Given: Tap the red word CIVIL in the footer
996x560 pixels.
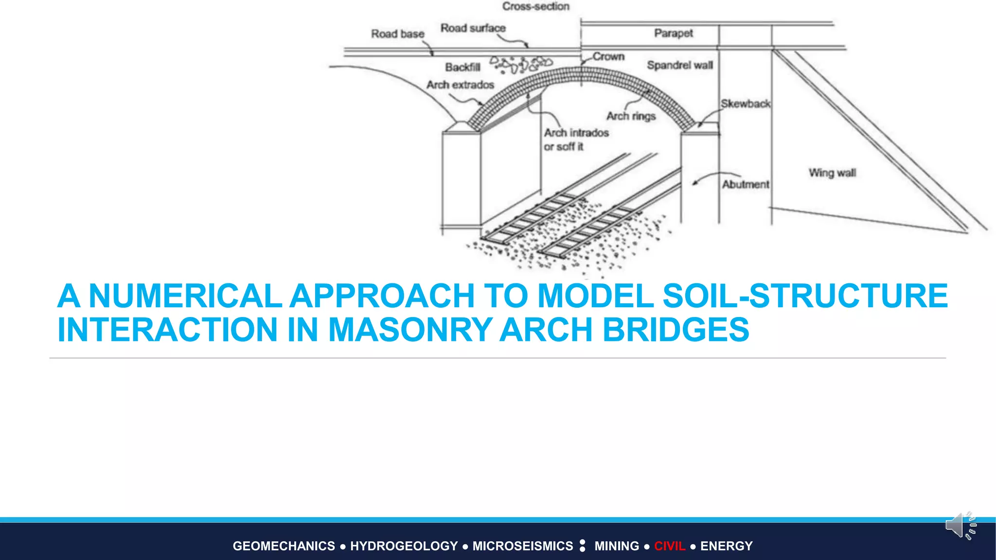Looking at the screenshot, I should (x=670, y=546).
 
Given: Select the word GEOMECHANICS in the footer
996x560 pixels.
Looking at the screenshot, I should (x=284, y=546).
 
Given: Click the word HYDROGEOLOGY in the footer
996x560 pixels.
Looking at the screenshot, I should (x=404, y=546).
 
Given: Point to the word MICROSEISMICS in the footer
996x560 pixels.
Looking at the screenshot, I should (x=523, y=546).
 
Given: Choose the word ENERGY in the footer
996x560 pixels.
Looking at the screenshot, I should (x=726, y=546).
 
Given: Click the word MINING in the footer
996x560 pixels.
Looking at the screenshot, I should (x=617, y=546).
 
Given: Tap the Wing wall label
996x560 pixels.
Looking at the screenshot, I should (x=832, y=173).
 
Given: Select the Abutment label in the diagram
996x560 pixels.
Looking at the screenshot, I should (x=746, y=184).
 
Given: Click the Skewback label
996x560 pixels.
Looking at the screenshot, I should (x=745, y=104).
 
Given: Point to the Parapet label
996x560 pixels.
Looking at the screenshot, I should (x=673, y=33).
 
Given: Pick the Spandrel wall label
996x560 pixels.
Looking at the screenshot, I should (x=679, y=65).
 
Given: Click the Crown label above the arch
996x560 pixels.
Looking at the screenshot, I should (x=608, y=56).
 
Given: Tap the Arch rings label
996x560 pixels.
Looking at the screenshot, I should (x=631, y=116).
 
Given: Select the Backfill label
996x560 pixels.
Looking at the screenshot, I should (x=462, y=67).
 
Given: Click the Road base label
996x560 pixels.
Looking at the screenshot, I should (x=397, y=34).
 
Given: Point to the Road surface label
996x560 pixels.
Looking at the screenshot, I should (x=473, y=28).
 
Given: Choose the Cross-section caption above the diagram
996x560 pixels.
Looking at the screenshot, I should (x=535, y=6).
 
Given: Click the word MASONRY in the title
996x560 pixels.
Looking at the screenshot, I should (x=410, y=330).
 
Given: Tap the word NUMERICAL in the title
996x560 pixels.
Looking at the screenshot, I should (x=185, y=296).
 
